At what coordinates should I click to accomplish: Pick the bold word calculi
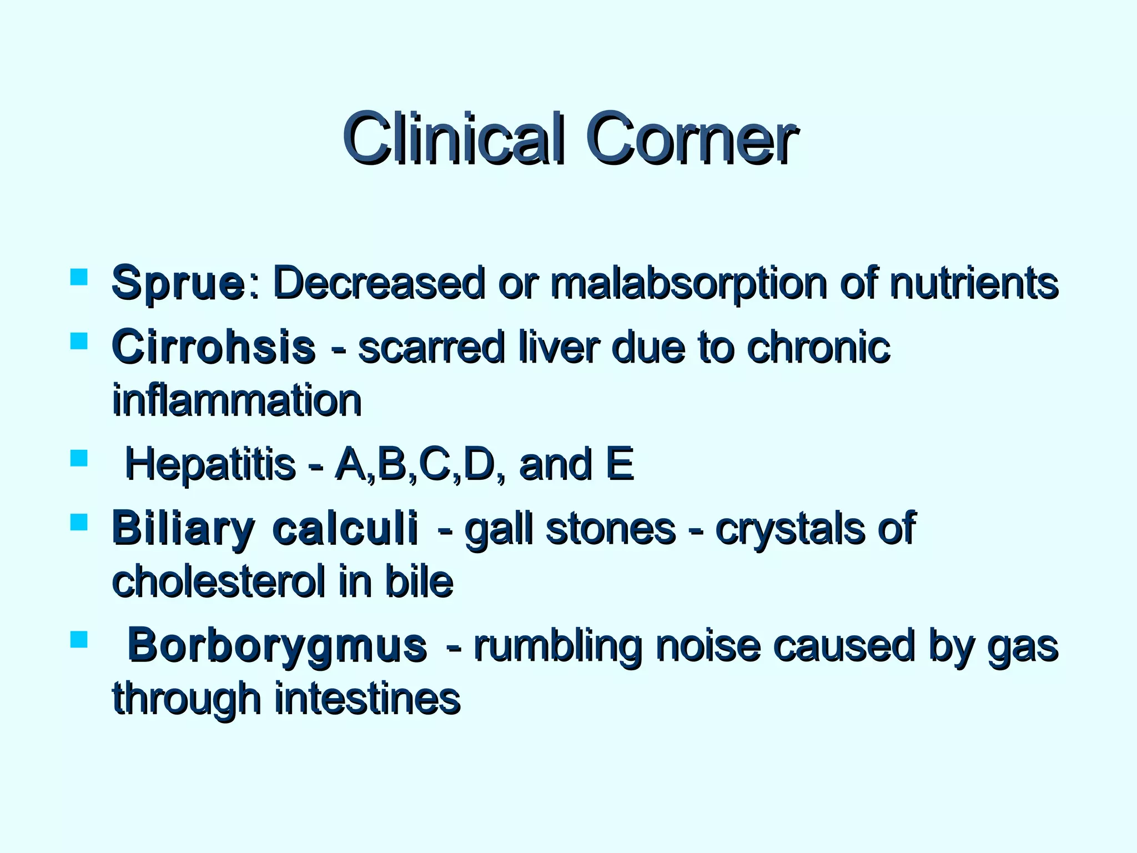tap(345, 529)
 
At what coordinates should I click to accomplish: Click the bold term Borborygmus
tap(277, 646)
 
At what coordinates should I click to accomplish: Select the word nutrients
tap(973, 283)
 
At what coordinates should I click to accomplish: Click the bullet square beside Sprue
tap(79, 277)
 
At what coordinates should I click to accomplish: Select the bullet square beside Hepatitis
tap(79, 458)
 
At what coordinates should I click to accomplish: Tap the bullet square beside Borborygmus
tap(79, 640)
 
